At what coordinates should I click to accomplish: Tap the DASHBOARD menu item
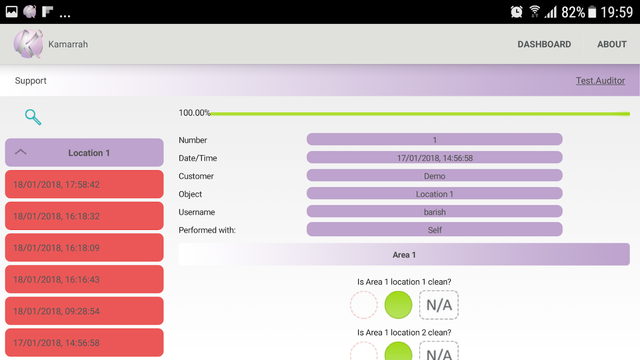pos(544,44)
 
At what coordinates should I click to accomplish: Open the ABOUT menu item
pos(612,44)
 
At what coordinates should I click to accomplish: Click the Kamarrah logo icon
pos(28,44)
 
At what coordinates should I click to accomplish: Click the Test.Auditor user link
pos(600,81)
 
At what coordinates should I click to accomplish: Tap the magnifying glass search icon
pos(33,117)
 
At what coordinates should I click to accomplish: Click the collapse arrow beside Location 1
pos(21,152)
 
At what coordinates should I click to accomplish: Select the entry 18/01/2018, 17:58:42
pos(84,184)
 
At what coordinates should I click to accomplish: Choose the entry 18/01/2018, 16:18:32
pos(84,216)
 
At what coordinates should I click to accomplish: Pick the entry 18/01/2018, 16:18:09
pos(84,247)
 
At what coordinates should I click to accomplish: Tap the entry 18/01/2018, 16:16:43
pos(84,279)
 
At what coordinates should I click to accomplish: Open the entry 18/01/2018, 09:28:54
pos(84,311)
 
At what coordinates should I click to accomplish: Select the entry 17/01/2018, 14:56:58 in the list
pos(84,343)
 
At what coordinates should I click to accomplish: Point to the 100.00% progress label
pos(194,113)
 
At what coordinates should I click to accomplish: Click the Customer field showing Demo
pos(434,176)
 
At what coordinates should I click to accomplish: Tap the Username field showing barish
pos(434,212)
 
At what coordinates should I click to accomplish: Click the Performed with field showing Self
pos(434,230)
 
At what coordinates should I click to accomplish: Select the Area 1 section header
pos(404,255)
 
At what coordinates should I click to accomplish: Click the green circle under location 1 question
pos(398,305)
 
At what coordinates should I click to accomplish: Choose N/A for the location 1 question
pos(439,305)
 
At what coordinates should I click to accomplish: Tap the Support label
pos(31,81)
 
